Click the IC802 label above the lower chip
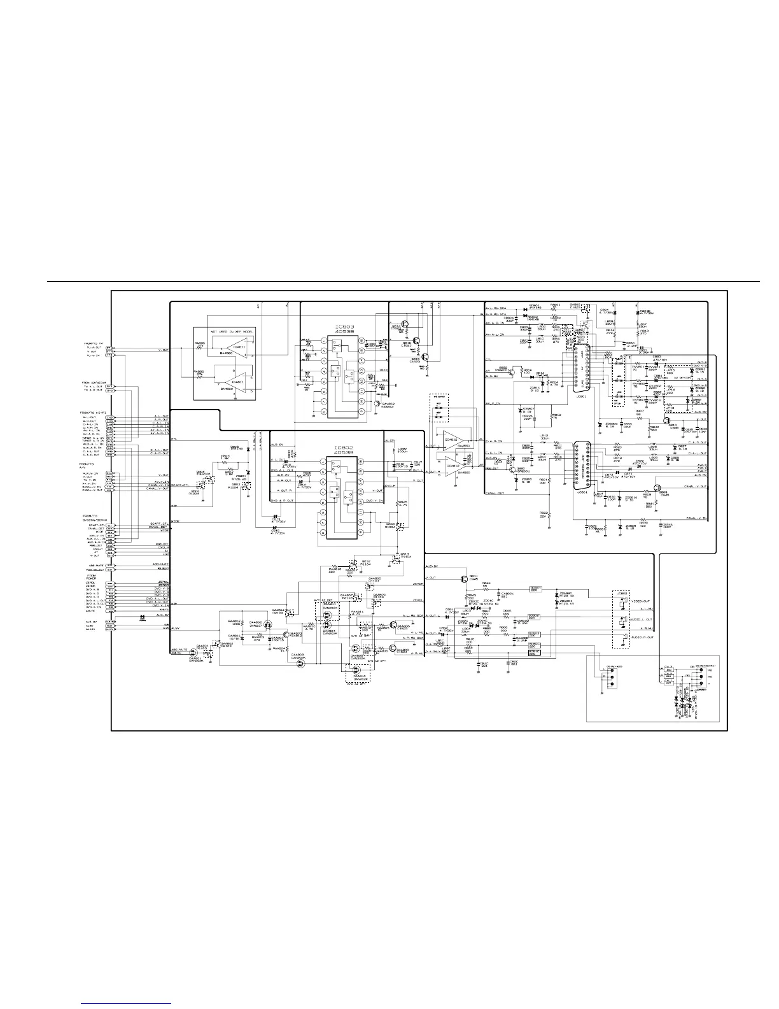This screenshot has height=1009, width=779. [x=344, y=447]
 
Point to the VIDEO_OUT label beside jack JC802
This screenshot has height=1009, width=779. [x=639, y=602]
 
